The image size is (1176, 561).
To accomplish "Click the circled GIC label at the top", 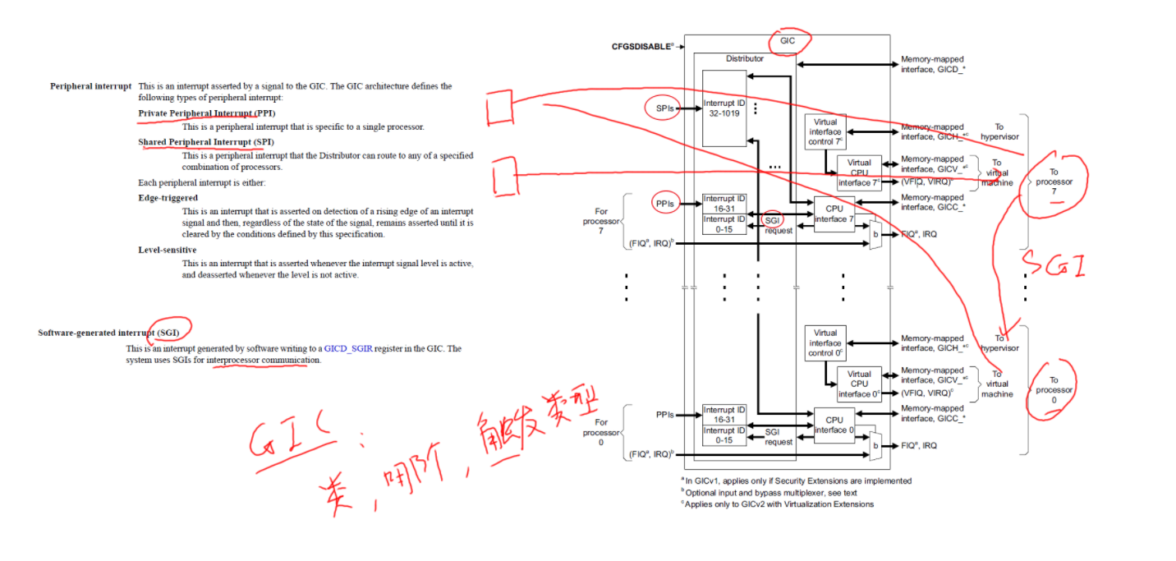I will [788, 40].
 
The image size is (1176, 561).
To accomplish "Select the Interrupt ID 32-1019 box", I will [724, 108].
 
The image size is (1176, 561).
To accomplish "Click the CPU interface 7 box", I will [835, 214].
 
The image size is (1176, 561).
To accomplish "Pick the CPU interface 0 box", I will [835, 425].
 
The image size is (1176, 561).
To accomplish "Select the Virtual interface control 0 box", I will [825, 343].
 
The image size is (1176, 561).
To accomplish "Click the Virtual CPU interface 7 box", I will [859, 172].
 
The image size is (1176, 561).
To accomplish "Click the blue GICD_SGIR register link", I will [348, 349].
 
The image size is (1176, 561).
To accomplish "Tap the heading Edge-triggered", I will [168, 198].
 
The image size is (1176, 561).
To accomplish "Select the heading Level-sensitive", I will [168, 250].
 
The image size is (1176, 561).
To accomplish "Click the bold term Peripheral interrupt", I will [90, 86].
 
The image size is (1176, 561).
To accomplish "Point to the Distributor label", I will [744, 59].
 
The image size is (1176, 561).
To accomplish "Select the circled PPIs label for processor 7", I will [665, 204].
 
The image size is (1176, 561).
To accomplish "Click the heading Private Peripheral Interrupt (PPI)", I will [206, 113].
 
